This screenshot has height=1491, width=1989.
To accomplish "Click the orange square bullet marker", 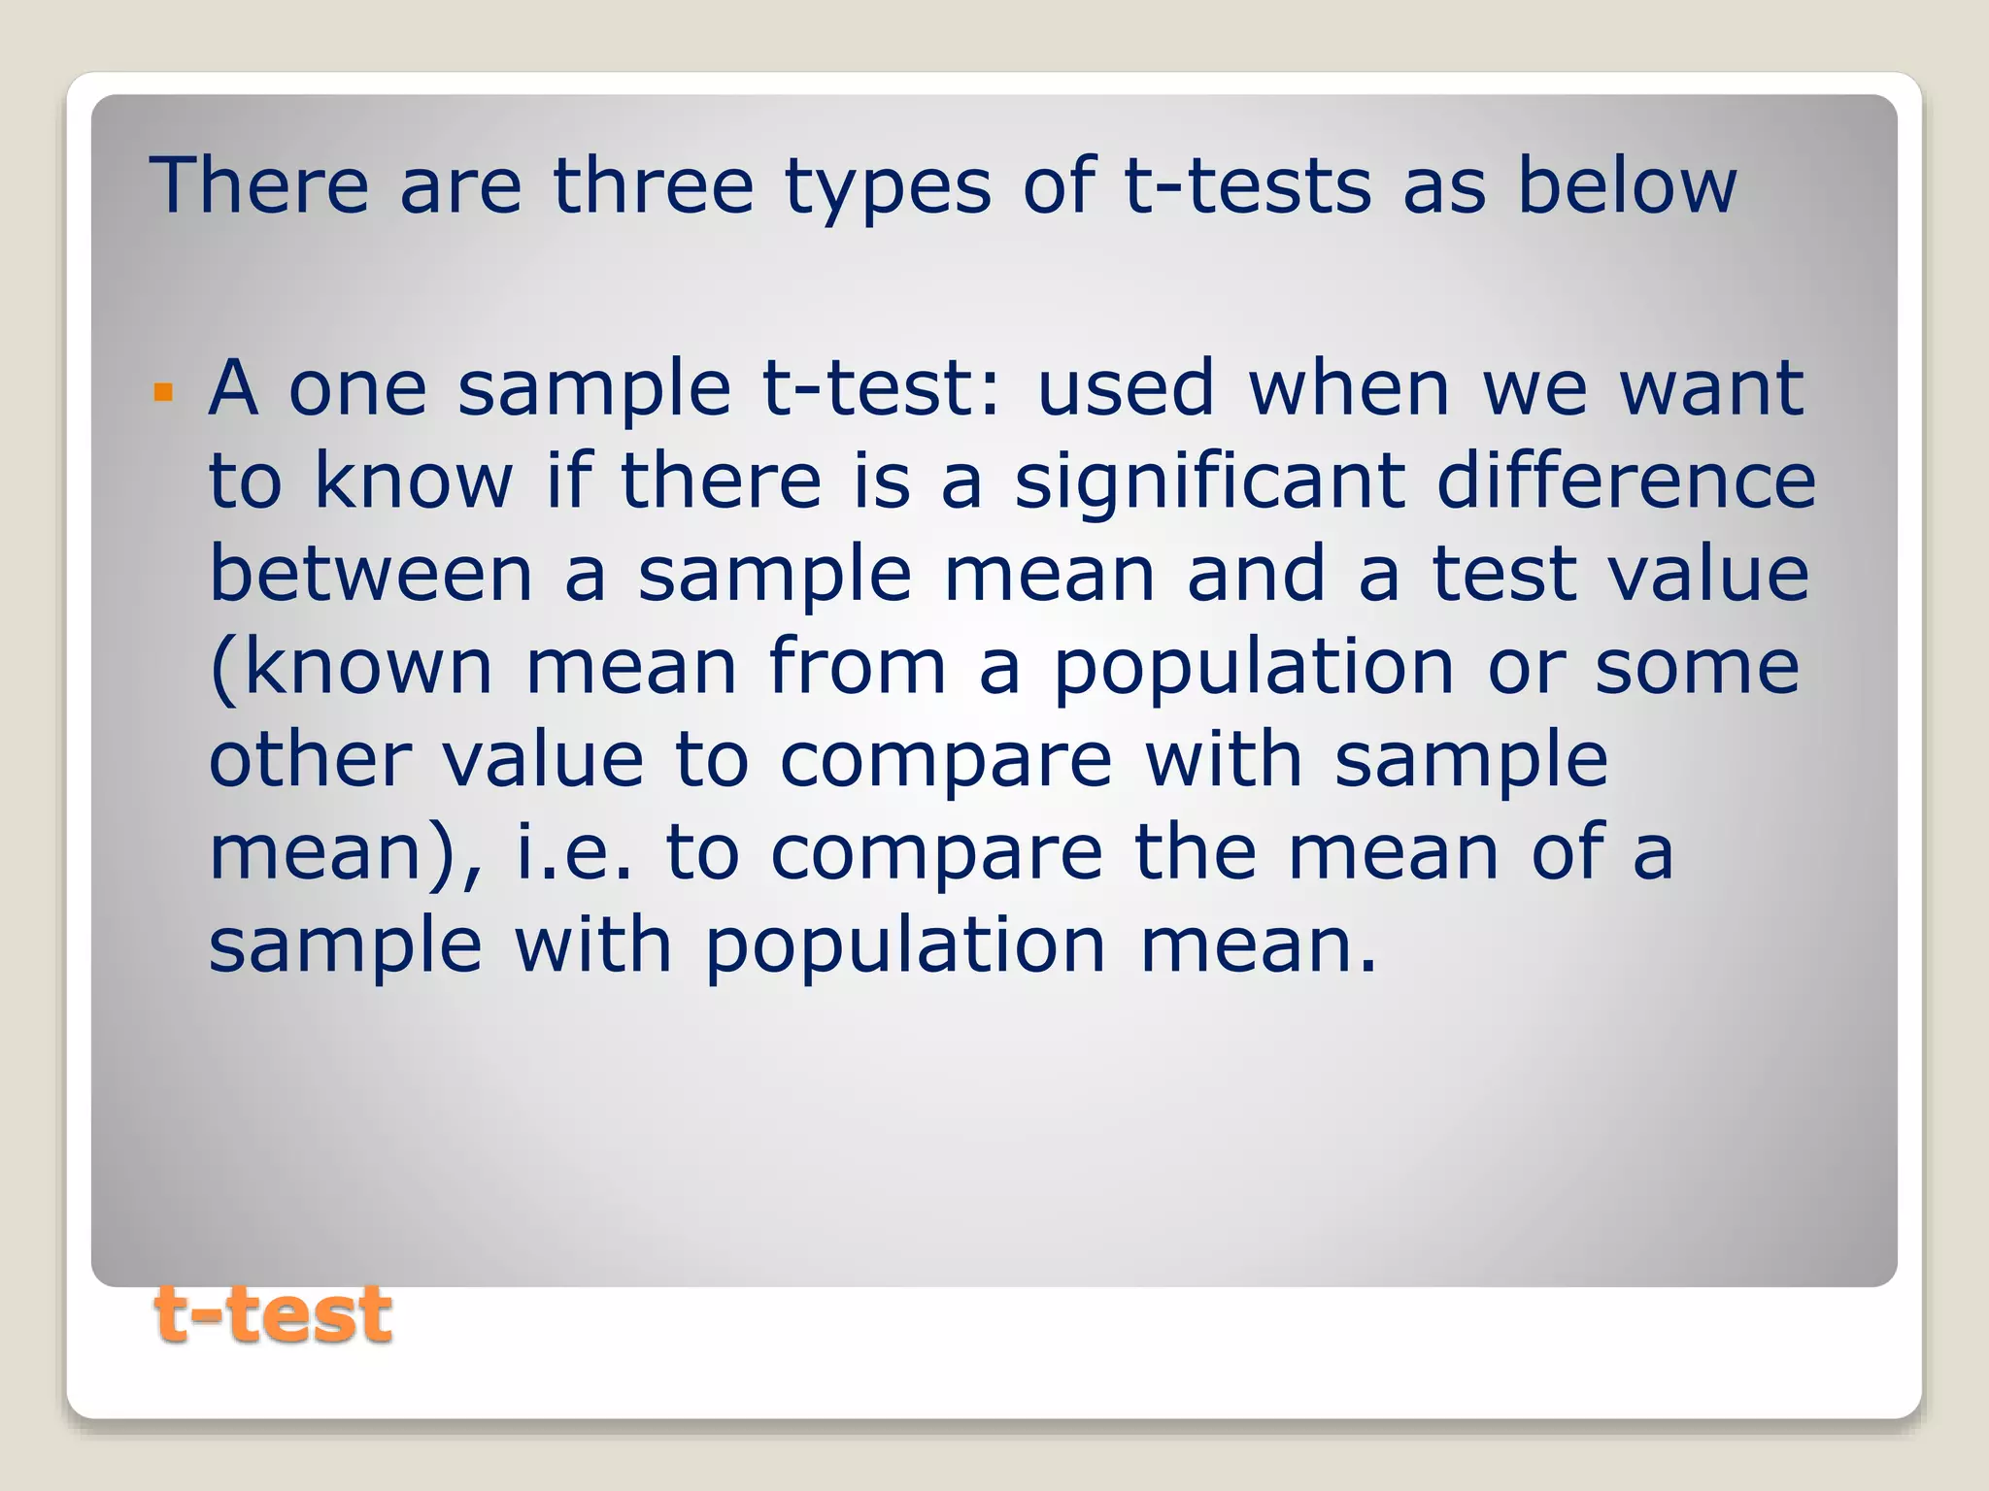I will (163, 393).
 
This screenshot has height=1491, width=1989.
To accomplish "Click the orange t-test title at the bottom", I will (273, 1315).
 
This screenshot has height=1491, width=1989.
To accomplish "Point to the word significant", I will (1209, 482).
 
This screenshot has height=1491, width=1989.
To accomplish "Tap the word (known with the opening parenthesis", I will (351, 667).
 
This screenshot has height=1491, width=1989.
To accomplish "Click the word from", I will (857, 666).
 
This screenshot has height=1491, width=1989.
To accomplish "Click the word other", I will (311, 759).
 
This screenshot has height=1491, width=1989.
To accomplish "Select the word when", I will (1349, 388).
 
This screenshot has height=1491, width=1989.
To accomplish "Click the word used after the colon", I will (1126, 388).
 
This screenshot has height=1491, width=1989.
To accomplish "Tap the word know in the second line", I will (413, 480).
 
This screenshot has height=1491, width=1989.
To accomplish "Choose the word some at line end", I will (1697, 667).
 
